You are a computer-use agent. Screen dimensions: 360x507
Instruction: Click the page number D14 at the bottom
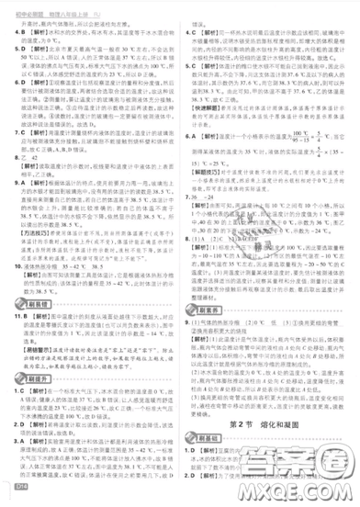tap(16, 497)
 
